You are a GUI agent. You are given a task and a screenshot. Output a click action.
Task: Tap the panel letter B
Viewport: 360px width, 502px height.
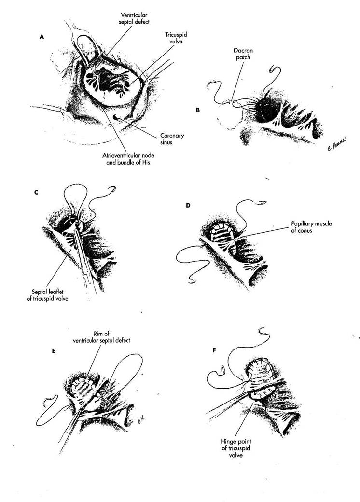coord(197,110)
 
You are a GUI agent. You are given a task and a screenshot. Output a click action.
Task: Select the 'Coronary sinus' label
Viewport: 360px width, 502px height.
coord(173,139)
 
